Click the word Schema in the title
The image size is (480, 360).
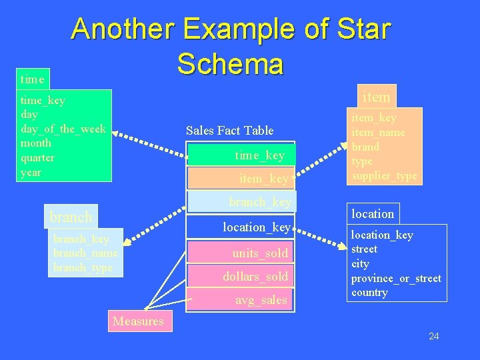[230, 64]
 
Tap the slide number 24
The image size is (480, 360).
[433, 336]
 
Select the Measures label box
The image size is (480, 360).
[138, 321]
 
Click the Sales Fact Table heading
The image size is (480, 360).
[229, 131]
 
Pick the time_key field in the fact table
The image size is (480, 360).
[259, 155]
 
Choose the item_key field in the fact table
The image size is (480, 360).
[264, 179]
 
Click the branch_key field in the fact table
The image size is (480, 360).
[259, 201]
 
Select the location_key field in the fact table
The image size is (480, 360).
[257, 227]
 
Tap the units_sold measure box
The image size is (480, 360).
[260, 253]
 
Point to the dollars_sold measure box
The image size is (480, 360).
[255, 276]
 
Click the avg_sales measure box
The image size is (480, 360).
[261, 300]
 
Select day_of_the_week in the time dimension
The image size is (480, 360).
[63, 129]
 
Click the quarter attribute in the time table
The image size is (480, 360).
[38, 158]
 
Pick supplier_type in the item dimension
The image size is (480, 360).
[384, 176]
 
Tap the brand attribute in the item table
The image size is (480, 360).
[365, 147]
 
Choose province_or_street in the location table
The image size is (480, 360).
[396, 278]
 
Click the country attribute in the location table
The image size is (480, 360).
[369, 293]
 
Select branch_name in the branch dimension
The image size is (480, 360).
[85, 253]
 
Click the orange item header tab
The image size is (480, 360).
[376, 97]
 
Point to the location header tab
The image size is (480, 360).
[373, 214]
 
